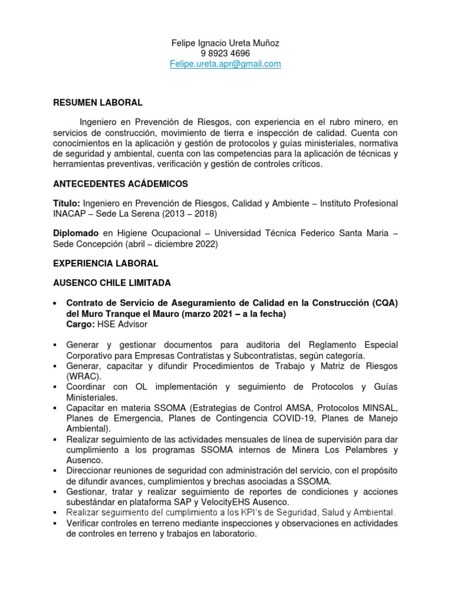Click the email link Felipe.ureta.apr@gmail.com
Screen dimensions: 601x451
click(225, 64)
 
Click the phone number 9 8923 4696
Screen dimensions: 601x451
click(225, 53)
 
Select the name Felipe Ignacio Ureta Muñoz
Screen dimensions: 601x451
click(225, 43)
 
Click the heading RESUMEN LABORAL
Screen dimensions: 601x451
click(98, 103)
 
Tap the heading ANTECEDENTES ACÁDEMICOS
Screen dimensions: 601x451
click(120, 184)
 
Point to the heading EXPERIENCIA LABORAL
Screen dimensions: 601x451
click(106, 264)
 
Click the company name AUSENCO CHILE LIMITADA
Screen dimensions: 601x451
click(112, 283)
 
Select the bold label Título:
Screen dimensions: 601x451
click(67, 203)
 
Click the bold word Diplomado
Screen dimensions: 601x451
click(76, 234)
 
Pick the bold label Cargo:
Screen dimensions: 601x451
click(79, 324)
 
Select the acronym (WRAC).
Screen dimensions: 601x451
click(83, 376)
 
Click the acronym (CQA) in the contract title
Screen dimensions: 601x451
click(384, 303)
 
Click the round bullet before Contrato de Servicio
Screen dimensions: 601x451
click(55, 303)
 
